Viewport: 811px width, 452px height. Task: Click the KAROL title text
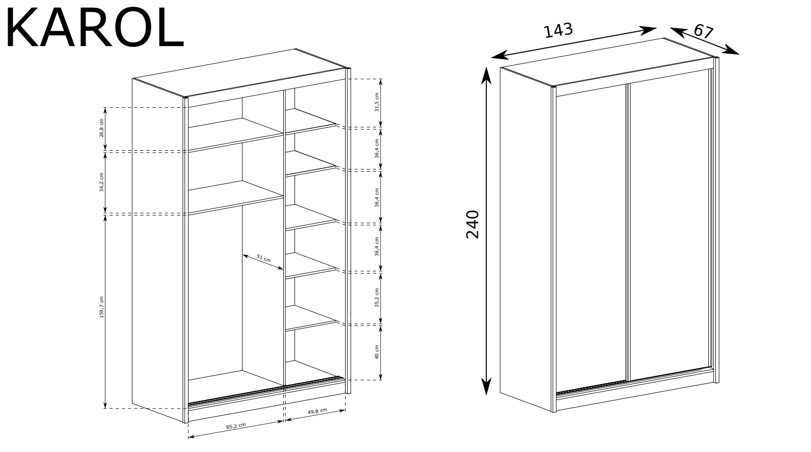pos(95,27)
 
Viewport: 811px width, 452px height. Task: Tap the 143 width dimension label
pos(558,30)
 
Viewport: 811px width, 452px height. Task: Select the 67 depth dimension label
pos(703,32)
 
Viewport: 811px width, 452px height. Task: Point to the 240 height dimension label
pos(472,224)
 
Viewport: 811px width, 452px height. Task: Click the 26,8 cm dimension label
pos(102,128)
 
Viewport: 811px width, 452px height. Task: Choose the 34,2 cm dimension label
pos(102,182)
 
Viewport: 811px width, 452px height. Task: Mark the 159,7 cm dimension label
pos(102,307)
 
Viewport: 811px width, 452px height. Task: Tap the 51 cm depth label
pos(263,258)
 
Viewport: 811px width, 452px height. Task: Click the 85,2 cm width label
pos(236,426)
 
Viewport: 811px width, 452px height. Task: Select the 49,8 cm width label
pos(318,411)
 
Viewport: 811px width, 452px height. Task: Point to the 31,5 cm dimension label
pos(377,102)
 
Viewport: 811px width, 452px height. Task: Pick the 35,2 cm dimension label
pos(377,298)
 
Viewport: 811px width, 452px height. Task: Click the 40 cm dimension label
pos(377,352)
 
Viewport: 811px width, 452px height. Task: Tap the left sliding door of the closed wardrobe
pos(591,239)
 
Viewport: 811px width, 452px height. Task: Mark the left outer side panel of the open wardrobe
pos(158,250)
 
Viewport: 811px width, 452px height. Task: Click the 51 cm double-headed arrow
pos(263,262)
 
